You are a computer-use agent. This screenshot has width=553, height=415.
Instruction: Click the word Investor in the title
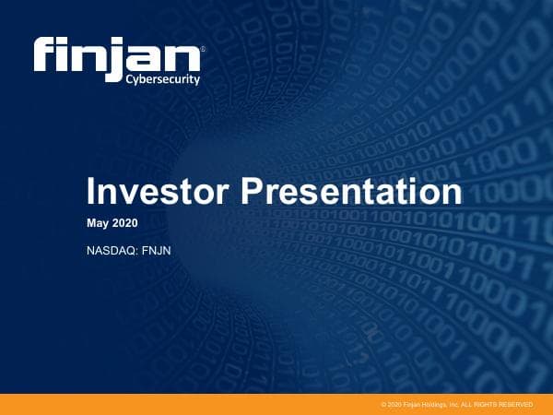click(159, 193)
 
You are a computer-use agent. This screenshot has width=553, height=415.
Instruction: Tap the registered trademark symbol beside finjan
click(203, 47)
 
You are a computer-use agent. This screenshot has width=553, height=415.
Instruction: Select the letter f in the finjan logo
click(46, 57)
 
